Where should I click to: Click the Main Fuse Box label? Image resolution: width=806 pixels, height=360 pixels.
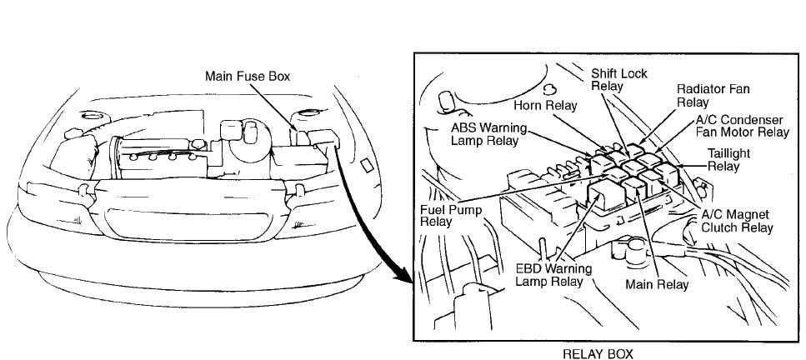[248, 77]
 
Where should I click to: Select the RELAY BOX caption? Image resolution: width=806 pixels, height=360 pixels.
[598, 353]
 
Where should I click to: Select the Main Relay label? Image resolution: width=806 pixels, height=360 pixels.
[657, 285]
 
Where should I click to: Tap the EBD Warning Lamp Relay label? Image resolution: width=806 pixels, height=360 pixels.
[553, 275]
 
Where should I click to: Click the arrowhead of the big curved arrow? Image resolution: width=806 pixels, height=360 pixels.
[406, 280]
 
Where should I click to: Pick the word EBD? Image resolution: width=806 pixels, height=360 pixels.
[529, 268]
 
